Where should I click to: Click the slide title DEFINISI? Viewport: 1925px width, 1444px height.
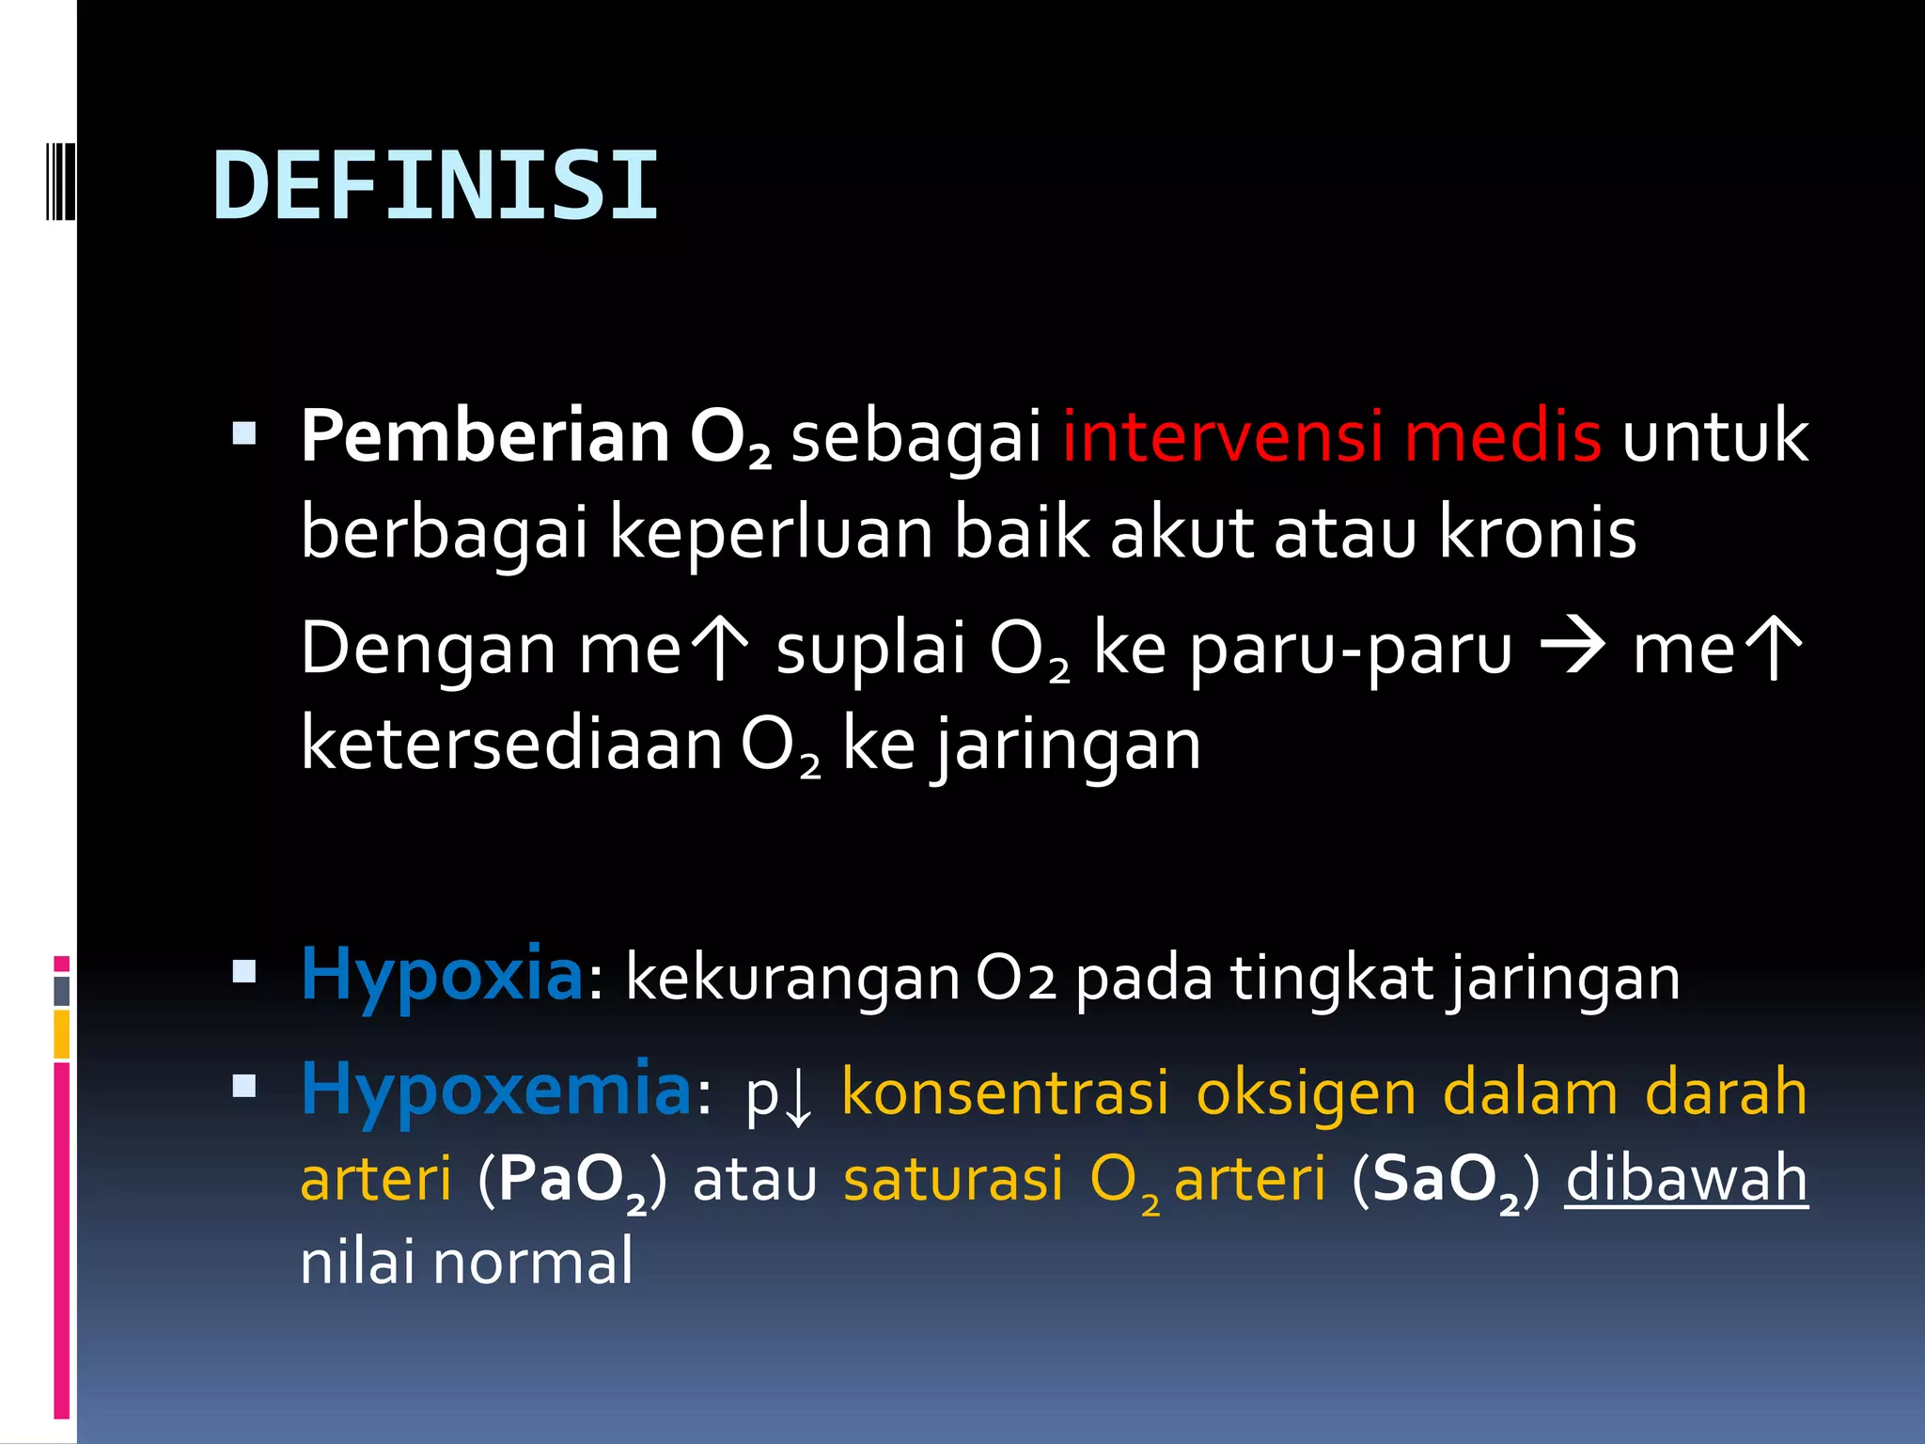[x=435, y=186]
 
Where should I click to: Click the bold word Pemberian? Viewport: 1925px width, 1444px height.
[x=484, y=436]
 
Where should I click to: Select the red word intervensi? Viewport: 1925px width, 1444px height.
[x=1222, y=436]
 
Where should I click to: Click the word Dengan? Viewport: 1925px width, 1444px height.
[x=428, y=649]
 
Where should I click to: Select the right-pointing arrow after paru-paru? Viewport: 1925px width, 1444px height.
[x=1572, y=647]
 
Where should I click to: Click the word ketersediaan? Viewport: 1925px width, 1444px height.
[x=511, y=744]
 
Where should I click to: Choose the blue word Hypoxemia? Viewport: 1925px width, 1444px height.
[x=496, y=1090]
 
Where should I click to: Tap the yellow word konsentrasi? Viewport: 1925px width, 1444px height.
[x=1006, y=1092]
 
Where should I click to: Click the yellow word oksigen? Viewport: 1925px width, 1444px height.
[x=1306, y=1092]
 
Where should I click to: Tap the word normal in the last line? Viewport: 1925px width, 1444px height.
[x=533, y=1262]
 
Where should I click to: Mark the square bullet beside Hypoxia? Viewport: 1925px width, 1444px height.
[x=244, y=971]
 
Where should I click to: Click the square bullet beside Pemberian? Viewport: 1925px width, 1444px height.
[x=244, y=433]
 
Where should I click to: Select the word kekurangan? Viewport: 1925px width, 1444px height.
[x=792, y=978]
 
